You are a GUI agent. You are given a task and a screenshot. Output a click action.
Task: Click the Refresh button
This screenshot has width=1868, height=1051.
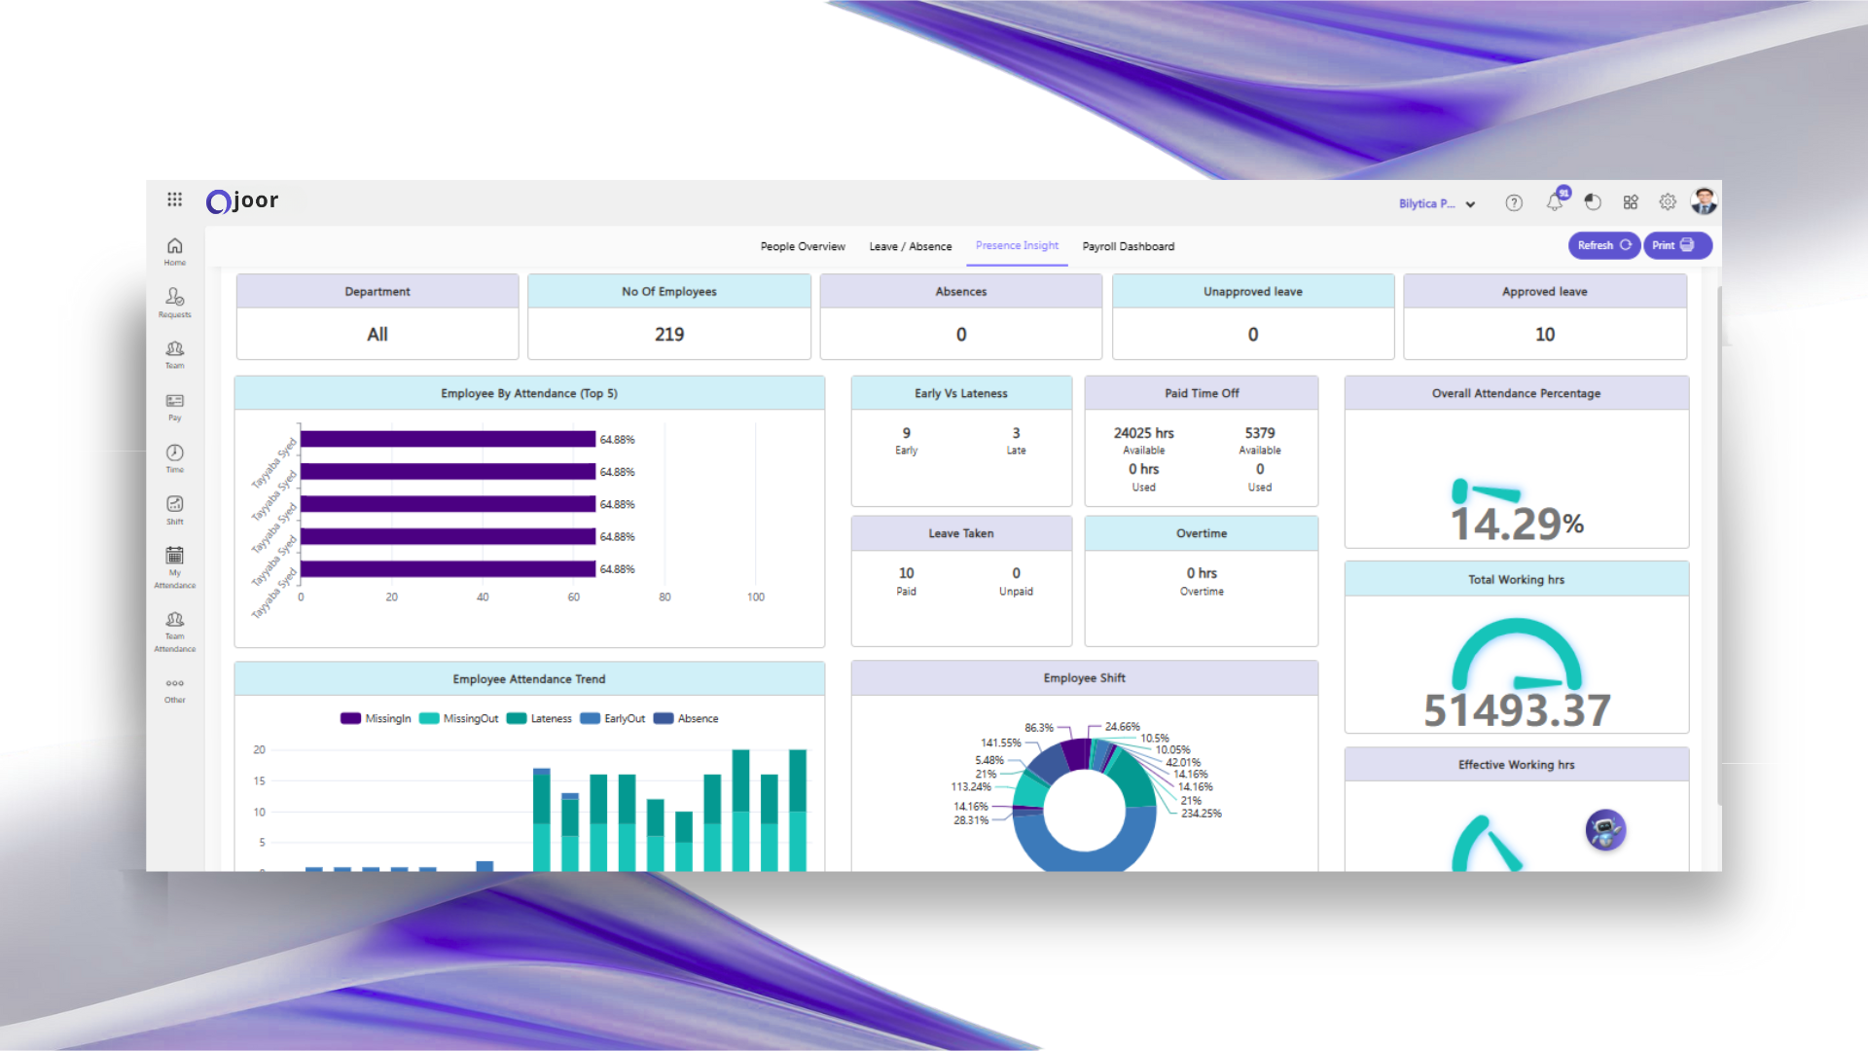(x=1603, y=245)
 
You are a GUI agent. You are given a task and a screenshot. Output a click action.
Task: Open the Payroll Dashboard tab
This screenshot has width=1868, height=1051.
(x=1128, y=246)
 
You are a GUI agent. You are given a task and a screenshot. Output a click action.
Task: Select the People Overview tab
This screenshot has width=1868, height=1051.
(x=803, y=246)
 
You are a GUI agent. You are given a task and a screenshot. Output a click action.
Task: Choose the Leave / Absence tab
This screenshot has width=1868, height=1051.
(x=910, y=246)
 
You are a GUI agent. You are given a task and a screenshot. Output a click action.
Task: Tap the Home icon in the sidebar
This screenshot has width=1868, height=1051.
(x=175, y=249)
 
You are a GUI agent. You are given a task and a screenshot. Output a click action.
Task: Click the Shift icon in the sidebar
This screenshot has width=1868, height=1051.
(x=175, y=508)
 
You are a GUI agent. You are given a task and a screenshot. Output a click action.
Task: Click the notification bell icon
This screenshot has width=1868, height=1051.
(x=1555, y=202)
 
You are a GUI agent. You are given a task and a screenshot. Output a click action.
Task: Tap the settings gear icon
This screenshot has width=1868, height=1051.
(x=1668, y=202)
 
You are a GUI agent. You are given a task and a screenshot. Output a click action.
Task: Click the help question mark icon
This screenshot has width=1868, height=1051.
(x=1514, y=202)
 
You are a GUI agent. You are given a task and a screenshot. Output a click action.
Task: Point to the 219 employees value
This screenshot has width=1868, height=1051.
(x=669, y=335)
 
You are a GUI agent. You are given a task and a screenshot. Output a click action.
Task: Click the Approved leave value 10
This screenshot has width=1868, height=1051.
(x=1544, y=335)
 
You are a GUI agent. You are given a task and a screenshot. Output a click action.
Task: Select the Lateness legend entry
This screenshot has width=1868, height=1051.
(x=540, y=719)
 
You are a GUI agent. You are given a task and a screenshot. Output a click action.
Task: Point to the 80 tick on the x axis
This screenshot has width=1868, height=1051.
(x=665, y=598)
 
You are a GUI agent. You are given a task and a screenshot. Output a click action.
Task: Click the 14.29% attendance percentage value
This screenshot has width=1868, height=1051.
(x=1516, y=524)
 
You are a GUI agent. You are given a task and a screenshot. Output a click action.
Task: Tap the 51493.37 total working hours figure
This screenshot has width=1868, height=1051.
(x=1516, y=709)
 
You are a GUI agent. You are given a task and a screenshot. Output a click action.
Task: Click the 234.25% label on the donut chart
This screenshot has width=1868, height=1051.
(x=1201, y=814)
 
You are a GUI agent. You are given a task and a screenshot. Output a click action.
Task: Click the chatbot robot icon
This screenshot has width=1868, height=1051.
(x=1605, y=830)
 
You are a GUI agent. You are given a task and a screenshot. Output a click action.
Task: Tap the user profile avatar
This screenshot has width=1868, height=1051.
(x=1704, y=201)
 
